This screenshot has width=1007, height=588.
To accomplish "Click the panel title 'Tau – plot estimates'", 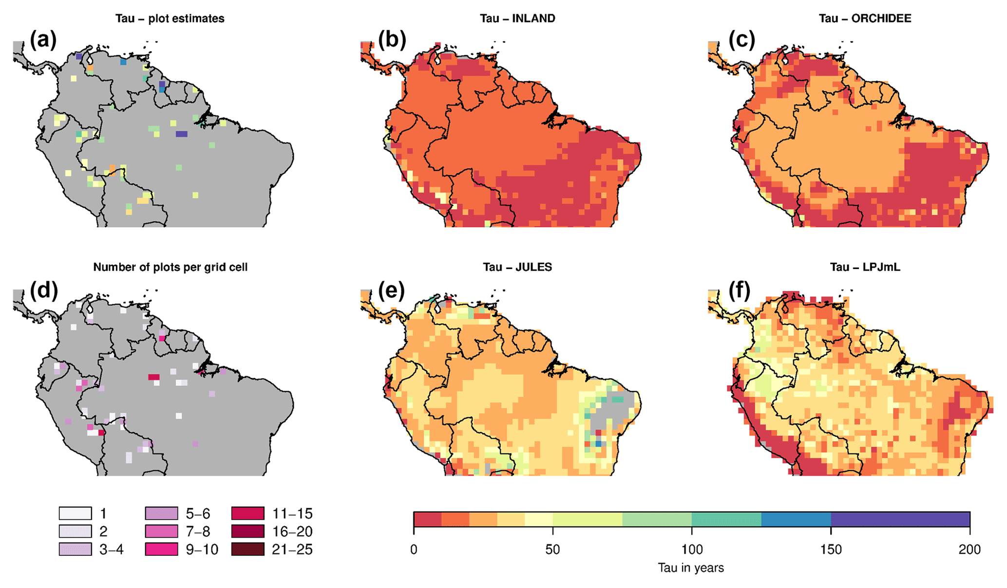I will point(170,19).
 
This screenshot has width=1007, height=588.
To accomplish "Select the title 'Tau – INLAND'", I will point(517,19).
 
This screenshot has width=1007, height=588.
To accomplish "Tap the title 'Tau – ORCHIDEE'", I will point(865,19).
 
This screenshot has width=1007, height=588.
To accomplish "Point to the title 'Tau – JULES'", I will point(517,267).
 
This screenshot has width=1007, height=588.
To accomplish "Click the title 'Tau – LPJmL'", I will point(865,267).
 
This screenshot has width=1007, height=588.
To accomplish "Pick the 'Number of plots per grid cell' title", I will point(170,267).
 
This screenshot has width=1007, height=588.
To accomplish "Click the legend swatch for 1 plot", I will point(75,513).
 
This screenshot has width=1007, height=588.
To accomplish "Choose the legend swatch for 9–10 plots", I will point(161,549).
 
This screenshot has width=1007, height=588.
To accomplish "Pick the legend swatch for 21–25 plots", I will point(247,549).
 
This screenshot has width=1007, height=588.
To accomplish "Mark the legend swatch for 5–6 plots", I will point(161,513).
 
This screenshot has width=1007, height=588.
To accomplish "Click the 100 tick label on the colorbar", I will point(692,549).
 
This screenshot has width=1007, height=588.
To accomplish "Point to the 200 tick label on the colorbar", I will point(969,549).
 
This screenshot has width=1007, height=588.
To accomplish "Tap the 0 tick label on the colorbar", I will point(414,549).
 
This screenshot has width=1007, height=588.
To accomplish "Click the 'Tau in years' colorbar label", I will point(691,568).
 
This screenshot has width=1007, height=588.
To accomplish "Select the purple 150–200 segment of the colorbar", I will point(900,519).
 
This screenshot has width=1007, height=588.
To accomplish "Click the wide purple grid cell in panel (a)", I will point(181,134).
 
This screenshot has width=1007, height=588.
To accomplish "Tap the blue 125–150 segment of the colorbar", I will point(796,519).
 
